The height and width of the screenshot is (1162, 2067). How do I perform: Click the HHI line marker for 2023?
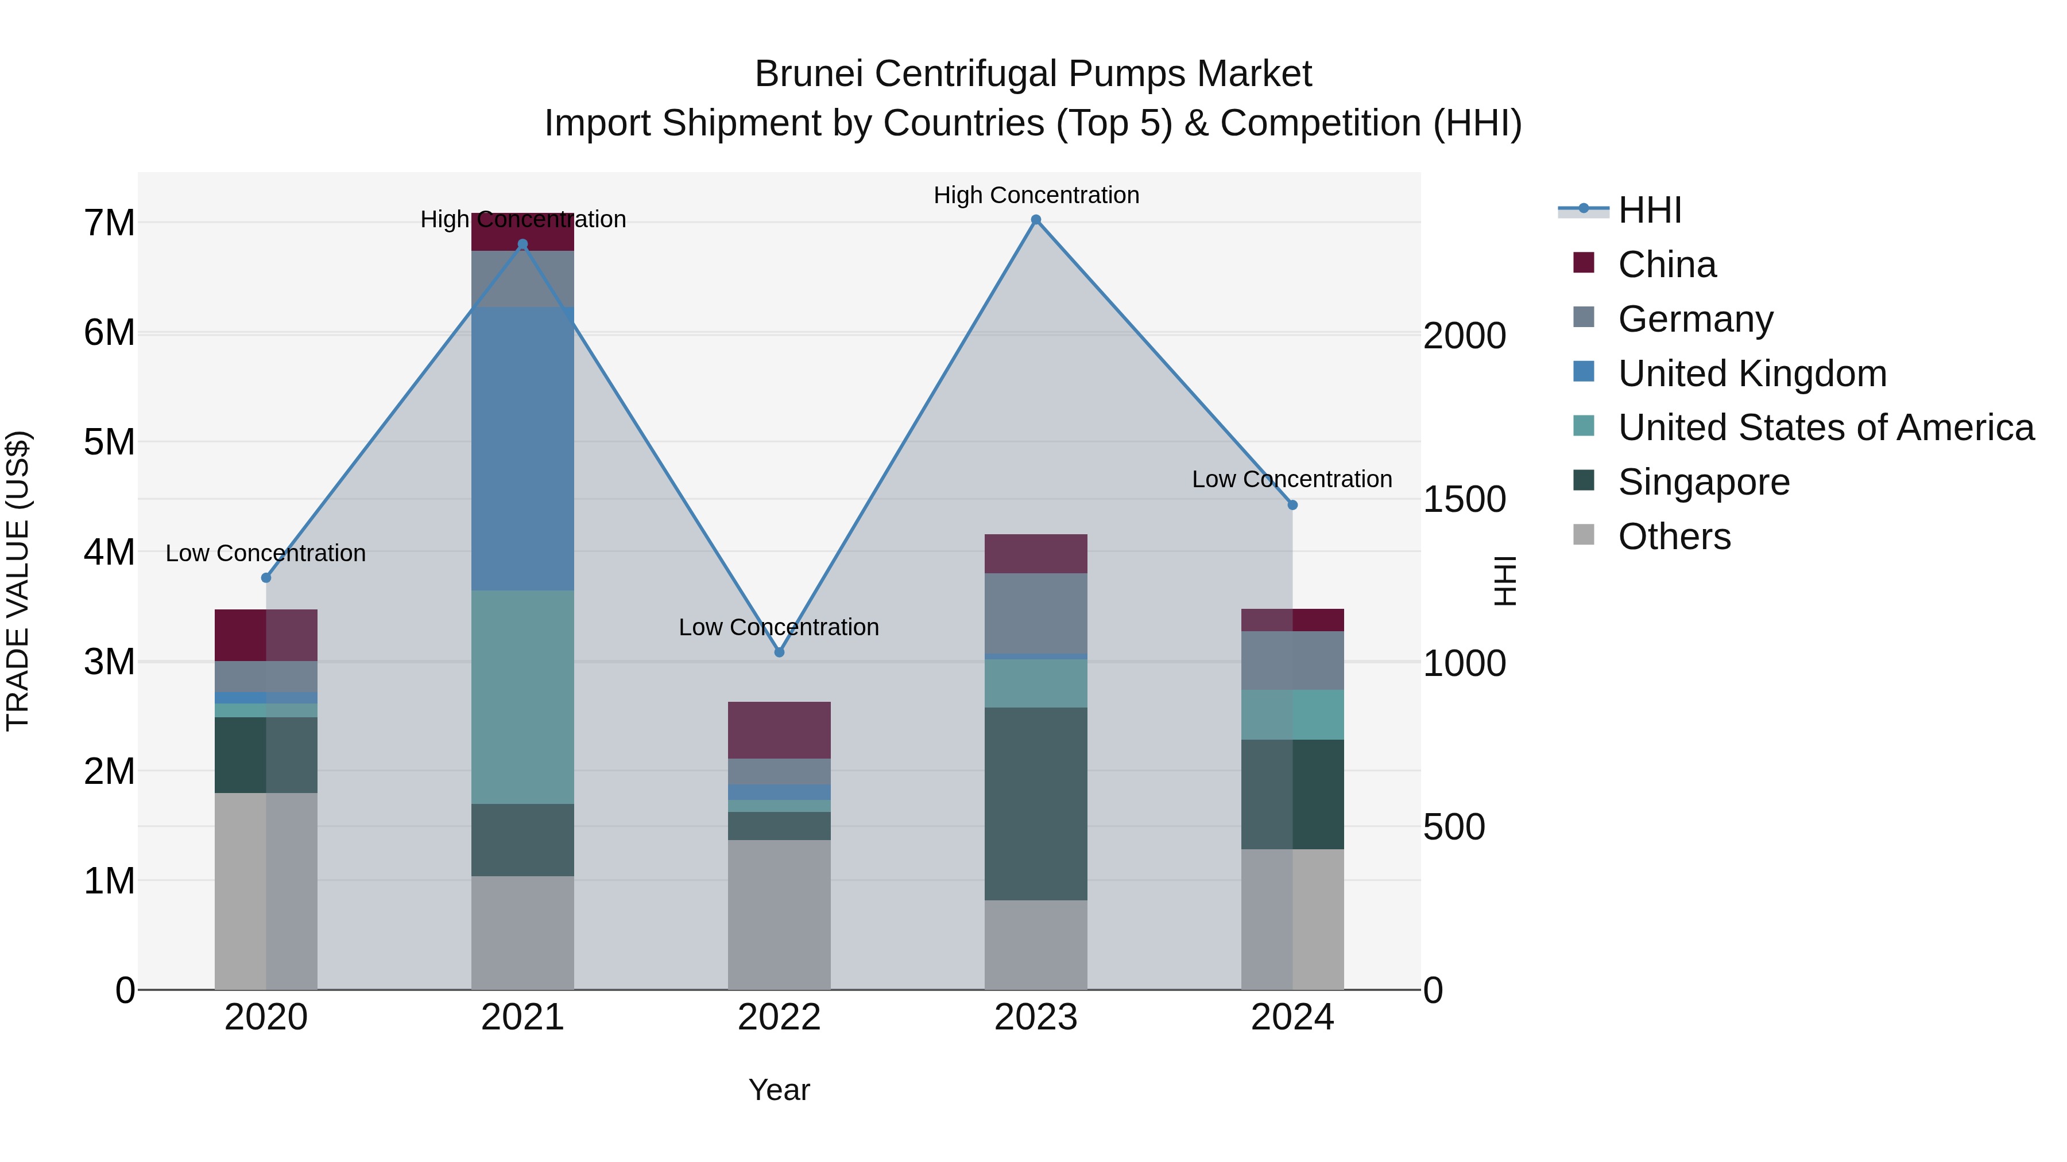tap(1036, 220)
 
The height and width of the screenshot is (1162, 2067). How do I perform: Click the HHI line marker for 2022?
tap(779, 652)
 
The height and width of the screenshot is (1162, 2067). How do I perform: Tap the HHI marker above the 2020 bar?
tap(266, 577)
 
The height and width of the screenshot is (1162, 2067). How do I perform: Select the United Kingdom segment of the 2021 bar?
tap(522, 449)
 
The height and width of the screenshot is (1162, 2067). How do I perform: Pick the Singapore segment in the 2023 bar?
tap(1036, 803)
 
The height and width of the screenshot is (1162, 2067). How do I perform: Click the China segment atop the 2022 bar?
tap(779, 730)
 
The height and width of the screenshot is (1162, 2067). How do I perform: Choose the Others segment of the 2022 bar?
tap(779, 914)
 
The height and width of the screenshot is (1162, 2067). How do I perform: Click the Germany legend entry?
tap(1695, 319)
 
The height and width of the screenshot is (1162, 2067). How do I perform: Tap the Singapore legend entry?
tap(1704, 483)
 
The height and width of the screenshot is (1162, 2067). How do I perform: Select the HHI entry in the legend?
tap(1650, 210)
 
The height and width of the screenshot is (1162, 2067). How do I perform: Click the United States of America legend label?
tap(1825, 428)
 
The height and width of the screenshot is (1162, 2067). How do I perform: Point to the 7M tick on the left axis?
tap(109, 223)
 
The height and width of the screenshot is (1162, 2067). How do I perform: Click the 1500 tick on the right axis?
tap(1464, 500)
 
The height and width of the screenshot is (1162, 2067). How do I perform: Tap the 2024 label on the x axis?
tap(1292, 1017)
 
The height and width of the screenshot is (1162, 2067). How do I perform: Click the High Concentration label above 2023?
tap(1036, 195)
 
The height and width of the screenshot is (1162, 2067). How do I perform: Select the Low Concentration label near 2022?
tap(779, 627)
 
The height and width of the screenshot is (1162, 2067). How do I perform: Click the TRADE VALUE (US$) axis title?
tap(18, 581)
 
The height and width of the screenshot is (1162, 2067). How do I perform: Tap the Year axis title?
tap(779, 1090)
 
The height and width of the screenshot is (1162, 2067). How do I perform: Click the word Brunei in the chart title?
tap(809, 74)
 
